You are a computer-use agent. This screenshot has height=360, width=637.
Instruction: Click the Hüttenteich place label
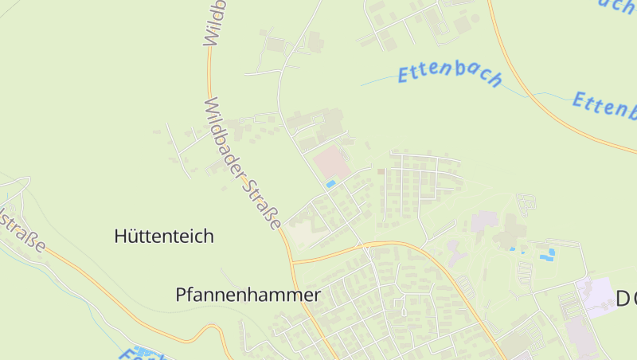[x=164, y=237]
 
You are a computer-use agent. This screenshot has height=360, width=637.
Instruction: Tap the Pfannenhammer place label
[x=248, y=295]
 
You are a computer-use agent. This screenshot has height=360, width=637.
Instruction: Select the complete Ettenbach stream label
[x=450, y=74]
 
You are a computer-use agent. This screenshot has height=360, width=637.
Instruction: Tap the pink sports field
[x=331, y=163]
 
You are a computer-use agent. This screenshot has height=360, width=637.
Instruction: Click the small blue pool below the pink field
[x=330, y=184]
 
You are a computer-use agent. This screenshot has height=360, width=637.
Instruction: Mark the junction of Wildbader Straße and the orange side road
[x=293, y=261]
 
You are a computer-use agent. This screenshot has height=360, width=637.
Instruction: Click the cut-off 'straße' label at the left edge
[x=22, y=231]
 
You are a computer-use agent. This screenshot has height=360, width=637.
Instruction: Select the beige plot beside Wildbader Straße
[x=301, y=234]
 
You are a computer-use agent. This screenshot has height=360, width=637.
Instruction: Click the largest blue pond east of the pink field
[x=547, y=255]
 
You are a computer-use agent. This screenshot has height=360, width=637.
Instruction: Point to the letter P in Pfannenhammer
[x=182, y=295]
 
